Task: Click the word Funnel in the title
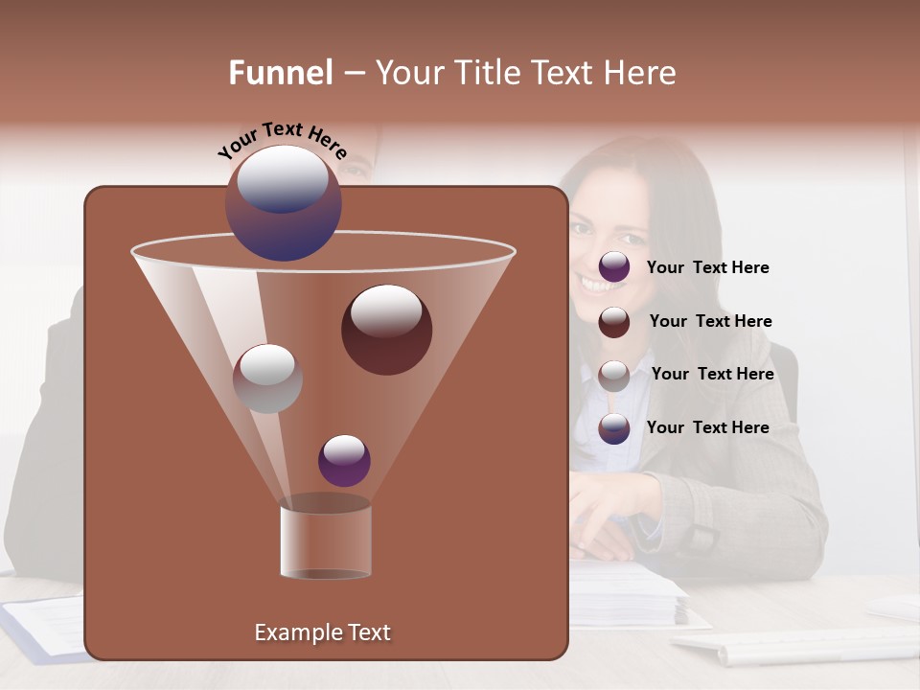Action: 280,73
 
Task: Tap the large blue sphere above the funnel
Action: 282,202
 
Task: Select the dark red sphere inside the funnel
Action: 386,330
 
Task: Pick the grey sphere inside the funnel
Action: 267,379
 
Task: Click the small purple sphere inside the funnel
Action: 344,460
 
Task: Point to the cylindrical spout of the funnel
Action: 325,541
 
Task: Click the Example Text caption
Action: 322,632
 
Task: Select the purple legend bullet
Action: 614,267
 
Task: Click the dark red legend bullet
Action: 614,322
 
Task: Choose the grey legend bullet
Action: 614,376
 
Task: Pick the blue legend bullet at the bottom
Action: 614,428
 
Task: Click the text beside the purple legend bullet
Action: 707,268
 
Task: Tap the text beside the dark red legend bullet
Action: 710,322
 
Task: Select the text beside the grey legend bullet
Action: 712,375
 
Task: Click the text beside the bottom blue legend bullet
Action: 707,428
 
